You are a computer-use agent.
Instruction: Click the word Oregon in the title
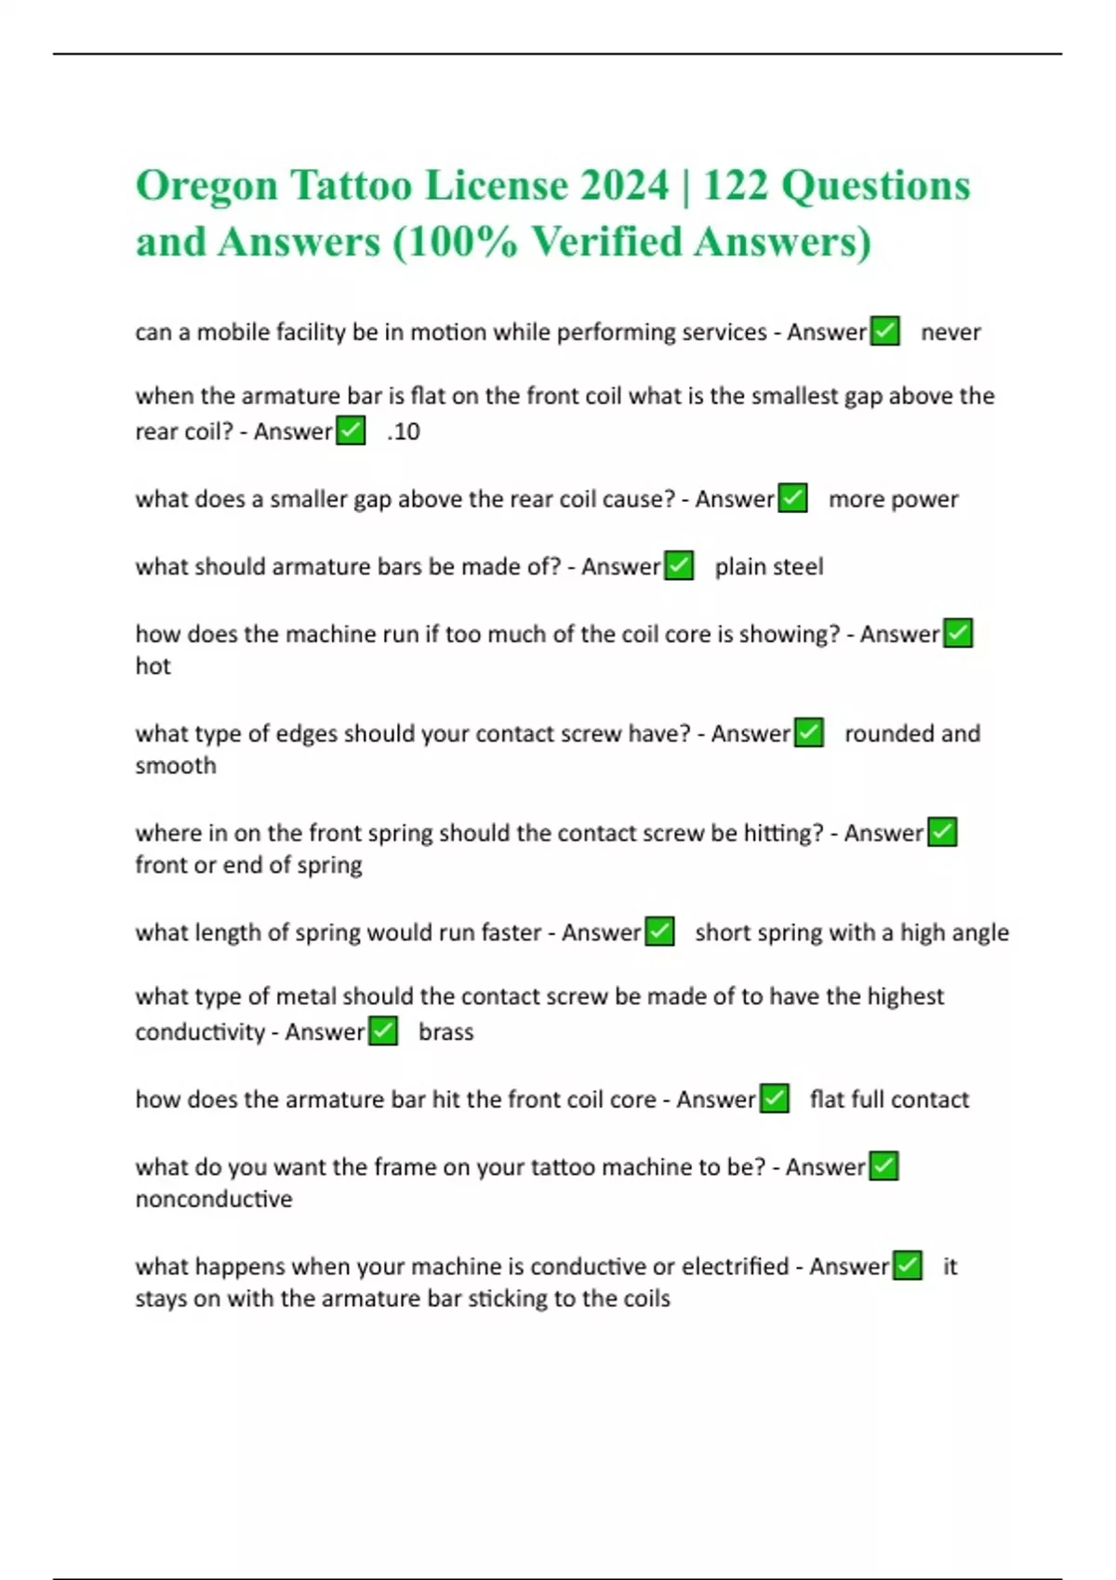pyautogui.click(x=206, y=187)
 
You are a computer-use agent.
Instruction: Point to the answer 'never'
pyautogui.click(x=950, y=333)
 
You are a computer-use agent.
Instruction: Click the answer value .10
pyautogui.click(x=404, y=432)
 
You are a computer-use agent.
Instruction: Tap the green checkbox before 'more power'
pyautogui.click(x=792, y=498)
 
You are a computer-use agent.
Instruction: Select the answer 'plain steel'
pyautogui.click(x=769, y=567)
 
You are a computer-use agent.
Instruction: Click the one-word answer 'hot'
pyautogui.click(x=153, y=666)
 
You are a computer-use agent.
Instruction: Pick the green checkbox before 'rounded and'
pyautogui.click(x=809, y=733)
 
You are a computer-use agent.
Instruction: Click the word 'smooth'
pyautogui.click(x=176, y=766)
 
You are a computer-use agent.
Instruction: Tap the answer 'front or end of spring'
pyautogui.click(x=248, y=865)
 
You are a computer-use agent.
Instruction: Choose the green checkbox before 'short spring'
pyautogui.click(x=659, y=931)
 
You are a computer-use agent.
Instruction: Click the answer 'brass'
pyautogui.click(x=445, y=1033)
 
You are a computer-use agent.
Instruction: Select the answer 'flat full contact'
pyautogui.click(x=889, y=1099)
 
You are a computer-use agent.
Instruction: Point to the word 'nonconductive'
pyautogui.click(x=214, y=1199)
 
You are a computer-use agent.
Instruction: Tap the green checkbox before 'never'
pyautogui.click(x=884, y=332)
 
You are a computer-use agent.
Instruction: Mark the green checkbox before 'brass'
pyautogui.click(x=383, y=1032)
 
